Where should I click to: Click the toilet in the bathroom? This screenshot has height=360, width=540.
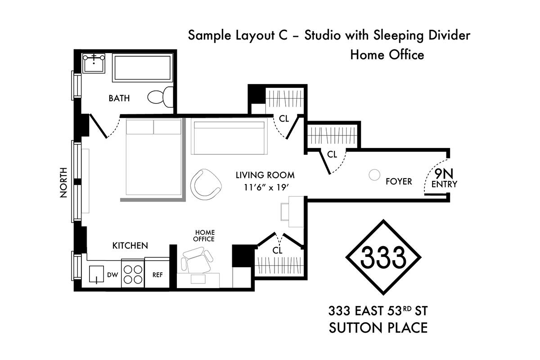(x=160, y=97)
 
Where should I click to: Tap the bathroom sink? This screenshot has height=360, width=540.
(x=94, y=63)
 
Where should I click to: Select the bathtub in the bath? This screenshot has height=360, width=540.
(x=142, y=68)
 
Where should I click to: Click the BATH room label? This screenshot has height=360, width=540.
(x=119, y=98)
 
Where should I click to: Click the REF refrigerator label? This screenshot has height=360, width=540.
(x=157, y=275)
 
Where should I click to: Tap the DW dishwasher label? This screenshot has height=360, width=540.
(x=112, y=274)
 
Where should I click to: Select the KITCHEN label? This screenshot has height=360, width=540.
(x=130, y=245)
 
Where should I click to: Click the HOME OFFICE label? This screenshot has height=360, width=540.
(x=204, y=236)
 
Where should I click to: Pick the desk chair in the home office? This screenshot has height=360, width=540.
(x=197, y=261)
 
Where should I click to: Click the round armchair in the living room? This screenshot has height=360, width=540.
(x=206, y=184)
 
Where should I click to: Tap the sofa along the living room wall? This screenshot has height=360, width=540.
(x=229, y=136)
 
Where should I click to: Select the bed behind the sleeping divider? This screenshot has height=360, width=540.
(x=153, y=157)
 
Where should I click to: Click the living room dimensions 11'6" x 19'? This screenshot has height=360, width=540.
(x=266, y=187)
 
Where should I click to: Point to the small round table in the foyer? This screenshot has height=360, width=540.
(x=374, y=175)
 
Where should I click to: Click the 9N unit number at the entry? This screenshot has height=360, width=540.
(x=444, y=174)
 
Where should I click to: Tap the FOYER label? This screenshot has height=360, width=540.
(x=399, y=181)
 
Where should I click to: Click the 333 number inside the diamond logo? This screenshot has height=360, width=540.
(x=383, y=257)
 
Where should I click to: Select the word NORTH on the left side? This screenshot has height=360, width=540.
(x=63, y=183)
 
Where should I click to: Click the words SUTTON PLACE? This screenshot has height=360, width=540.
(x=378, y=328)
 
